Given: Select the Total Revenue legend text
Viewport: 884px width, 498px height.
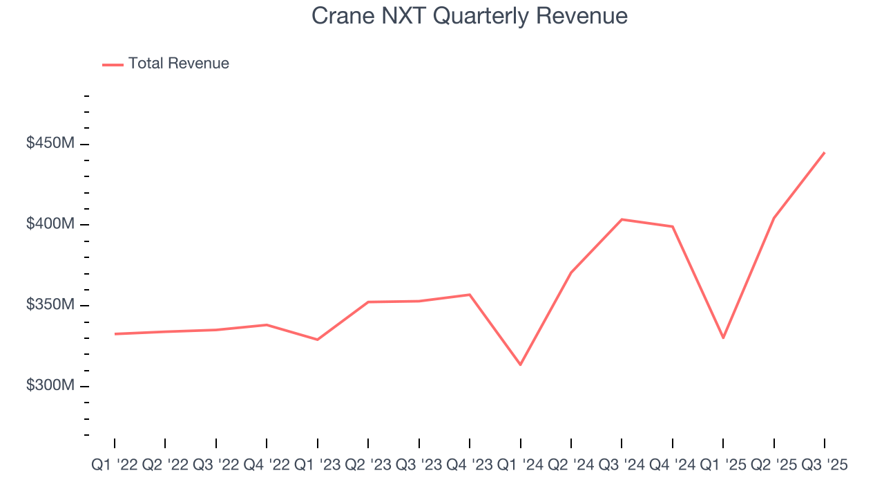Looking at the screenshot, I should point(178,64).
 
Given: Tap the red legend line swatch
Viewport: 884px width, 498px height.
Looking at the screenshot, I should point(113,64).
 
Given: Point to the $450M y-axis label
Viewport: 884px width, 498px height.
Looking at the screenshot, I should point(50,144).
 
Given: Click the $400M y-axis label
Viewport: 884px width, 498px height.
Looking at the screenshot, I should point(50,224).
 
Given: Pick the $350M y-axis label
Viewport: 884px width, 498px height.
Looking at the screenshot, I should point(50,305).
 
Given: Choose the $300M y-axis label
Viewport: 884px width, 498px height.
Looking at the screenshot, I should point(50,385).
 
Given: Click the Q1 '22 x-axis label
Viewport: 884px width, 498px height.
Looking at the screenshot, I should point(115,465).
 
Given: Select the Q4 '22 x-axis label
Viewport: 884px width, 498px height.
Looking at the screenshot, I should point(267,465).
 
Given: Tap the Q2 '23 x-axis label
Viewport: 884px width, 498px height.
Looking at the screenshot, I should point(368,465).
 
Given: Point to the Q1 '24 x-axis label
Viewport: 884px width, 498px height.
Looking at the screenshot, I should point(521,465).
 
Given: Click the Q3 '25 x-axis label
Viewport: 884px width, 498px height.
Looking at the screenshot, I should point(825,465).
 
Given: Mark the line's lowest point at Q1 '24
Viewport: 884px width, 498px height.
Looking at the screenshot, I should point(521,365).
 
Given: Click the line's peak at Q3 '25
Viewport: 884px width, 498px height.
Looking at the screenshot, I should point(825,153).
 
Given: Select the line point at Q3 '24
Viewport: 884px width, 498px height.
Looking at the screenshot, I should point(622,219).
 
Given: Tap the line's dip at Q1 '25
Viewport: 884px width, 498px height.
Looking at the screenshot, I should point(723,338).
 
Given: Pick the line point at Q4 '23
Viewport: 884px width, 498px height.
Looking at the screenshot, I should point(470,295).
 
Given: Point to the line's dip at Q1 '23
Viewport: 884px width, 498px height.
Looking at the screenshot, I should point(318,340).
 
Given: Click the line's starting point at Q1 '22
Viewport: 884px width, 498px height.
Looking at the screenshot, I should point(115,334).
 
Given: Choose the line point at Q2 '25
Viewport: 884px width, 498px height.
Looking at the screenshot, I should point(774,218).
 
